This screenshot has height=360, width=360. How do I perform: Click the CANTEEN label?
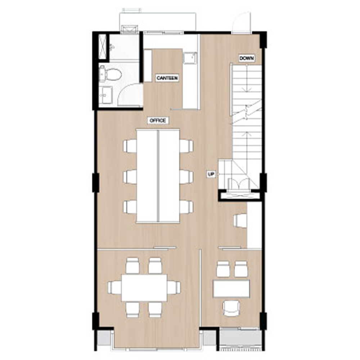pos(167,78)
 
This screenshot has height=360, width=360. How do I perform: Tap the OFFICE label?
pos(158,121)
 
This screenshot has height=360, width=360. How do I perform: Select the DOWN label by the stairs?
pos(247,58)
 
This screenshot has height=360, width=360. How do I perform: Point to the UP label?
pos(211,175)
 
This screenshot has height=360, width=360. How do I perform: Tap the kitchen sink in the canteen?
pos(189,58)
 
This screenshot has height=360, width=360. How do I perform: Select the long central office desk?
pos(158,176)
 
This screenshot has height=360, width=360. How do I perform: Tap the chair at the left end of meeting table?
pos(114,287)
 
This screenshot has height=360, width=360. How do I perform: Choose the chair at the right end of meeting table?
pos(174,287)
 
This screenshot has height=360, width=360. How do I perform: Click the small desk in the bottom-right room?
pos(231,288)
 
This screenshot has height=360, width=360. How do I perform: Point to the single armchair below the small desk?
pos(231,309)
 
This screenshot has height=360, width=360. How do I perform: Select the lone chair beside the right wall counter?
pos(240,221)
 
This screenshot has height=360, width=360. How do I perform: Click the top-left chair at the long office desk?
pos(130,146)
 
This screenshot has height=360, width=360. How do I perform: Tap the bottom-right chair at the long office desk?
pos(186,207)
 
